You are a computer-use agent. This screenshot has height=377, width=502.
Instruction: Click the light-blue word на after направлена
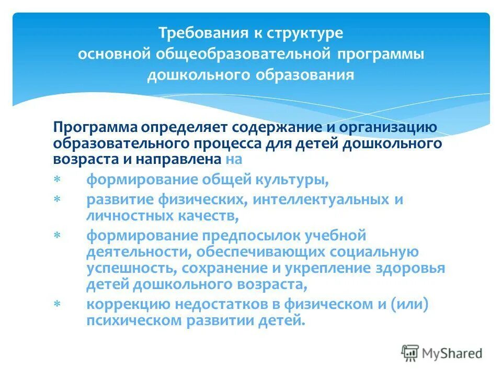pyautogui.click(x=235, y=158)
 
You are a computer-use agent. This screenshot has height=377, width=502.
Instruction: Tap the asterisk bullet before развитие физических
pyautogui.click(x=56, y=200)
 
